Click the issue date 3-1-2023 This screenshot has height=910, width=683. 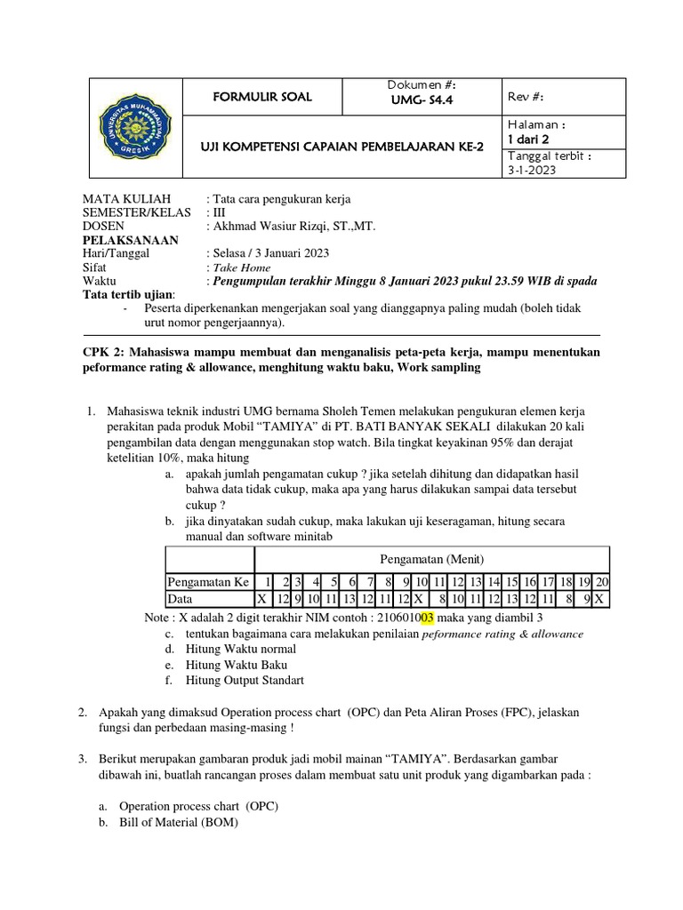[x=531, y=170]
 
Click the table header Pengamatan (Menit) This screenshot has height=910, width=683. [x=432, y=559]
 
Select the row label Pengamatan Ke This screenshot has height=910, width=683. [x=209, y=582]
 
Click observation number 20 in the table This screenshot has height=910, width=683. [x=601, y=582]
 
